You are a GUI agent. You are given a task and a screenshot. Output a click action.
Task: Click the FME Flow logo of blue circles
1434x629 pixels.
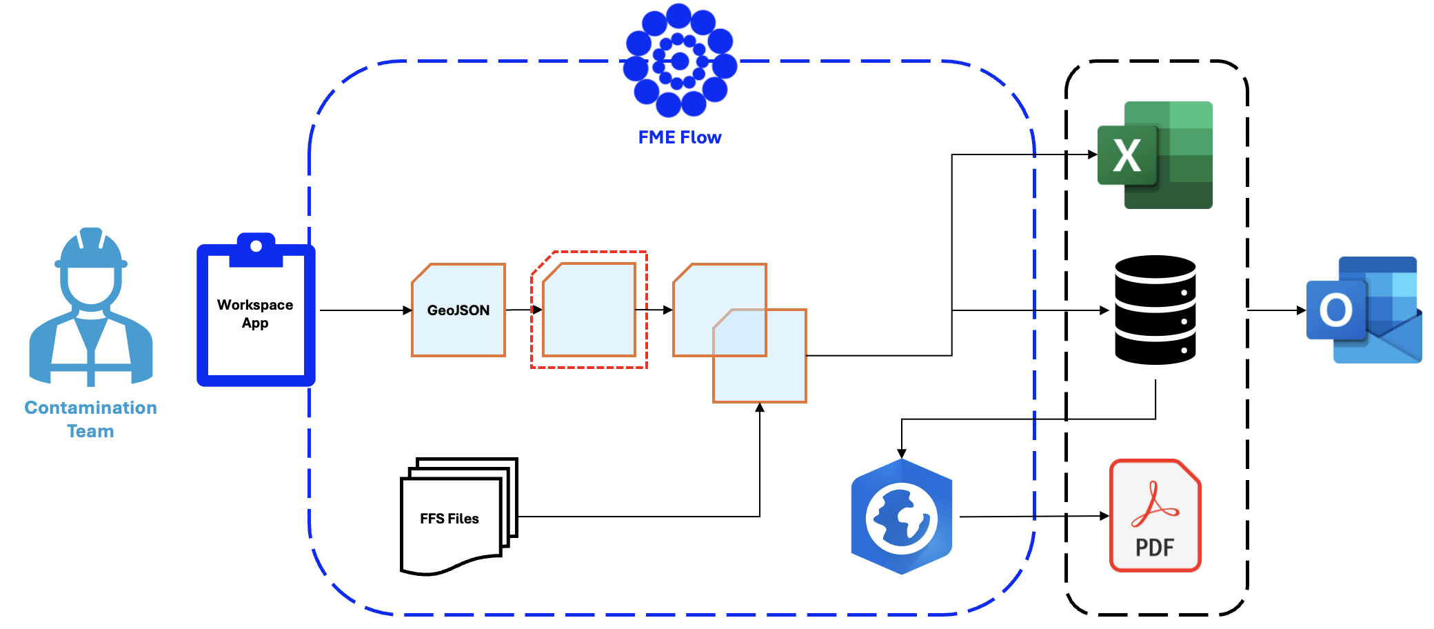680,61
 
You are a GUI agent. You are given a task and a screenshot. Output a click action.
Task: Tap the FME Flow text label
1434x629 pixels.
680,137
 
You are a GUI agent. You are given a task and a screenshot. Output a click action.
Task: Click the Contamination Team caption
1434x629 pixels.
90,419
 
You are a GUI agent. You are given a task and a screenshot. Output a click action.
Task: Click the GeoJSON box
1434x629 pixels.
458,310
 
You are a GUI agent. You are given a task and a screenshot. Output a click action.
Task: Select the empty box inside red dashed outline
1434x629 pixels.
589,310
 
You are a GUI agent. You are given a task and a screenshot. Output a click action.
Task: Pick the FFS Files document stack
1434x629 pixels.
455,517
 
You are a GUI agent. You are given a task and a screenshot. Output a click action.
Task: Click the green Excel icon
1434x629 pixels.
1156,155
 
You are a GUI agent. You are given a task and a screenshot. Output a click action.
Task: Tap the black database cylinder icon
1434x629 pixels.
1155,310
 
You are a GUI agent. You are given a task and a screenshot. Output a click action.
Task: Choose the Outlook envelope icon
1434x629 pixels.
1364,310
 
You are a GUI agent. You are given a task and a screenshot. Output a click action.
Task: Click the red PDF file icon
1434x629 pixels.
1155,515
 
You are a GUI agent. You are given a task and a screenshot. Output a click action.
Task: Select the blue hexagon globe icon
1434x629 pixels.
902,517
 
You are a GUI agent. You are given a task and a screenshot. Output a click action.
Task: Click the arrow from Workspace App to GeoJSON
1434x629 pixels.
365,310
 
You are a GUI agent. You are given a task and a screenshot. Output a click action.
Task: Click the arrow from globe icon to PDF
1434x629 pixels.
1034,516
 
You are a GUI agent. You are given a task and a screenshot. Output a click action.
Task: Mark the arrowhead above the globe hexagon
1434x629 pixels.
902,453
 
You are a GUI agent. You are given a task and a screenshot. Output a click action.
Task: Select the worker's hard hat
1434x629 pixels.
91,250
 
